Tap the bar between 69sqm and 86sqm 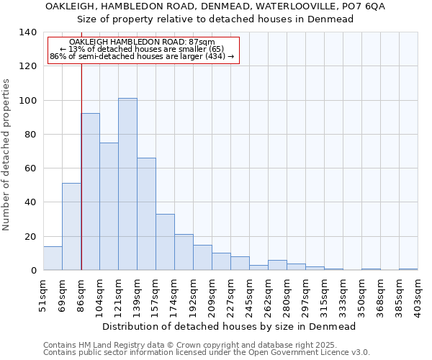[71, 226]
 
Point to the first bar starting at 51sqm [53, 258]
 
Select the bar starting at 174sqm [184, 252]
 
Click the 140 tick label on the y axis [28, 32]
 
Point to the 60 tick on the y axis [31, 168]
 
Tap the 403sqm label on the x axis [418, 294]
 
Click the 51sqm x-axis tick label [43, 294]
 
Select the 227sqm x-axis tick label [230, 294]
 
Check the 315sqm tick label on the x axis [324, 294]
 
